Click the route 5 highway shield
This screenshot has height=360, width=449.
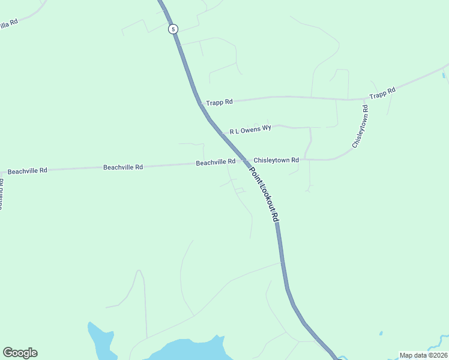click(173, 29)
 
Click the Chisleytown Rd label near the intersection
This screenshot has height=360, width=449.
click(276, 160)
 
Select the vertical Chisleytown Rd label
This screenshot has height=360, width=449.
click(360, 127)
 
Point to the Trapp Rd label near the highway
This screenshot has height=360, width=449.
click(219, 103)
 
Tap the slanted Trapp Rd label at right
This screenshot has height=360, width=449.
click(382, 93)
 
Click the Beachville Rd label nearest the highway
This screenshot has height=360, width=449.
click(215, 163)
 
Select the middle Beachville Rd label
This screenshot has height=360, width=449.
click(123, 167)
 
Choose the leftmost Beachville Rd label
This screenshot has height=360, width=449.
click(27, 171)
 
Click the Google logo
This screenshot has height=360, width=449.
click(20, 353)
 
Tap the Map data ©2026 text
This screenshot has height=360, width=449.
click(423, 355)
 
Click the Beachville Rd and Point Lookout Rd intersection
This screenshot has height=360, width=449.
click(245, 161)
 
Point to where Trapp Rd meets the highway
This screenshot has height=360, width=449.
click(200, 103)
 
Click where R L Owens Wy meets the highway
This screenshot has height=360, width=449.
click(222, 134)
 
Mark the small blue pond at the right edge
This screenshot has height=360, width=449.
click(444, 74)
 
